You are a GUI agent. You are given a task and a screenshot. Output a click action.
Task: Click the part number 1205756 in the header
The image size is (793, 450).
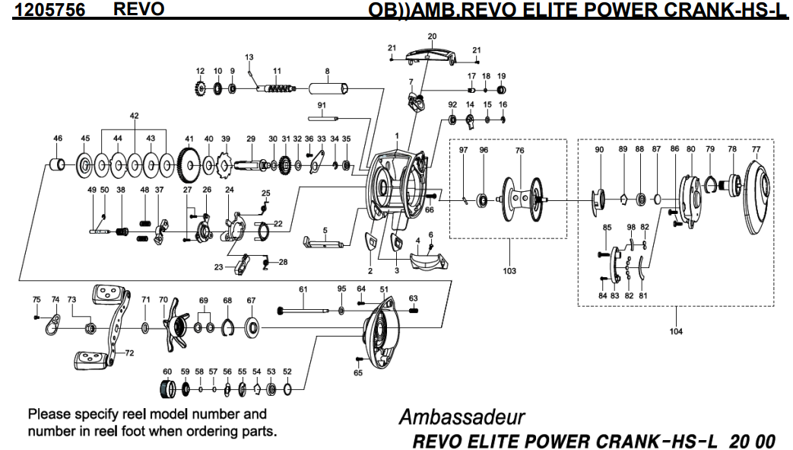[x=49, y=10]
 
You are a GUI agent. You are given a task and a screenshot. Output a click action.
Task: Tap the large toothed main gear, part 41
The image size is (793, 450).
[x=189, y=165]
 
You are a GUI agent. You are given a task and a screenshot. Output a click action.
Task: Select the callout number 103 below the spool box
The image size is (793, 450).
[x=509, y=270]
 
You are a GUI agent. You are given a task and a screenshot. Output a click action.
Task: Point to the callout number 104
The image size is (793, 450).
[x=676, y=331]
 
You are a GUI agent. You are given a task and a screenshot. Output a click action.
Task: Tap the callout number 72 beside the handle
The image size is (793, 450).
[x=129, y=353]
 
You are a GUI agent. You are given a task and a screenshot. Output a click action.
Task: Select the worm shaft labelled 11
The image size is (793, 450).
[x=276, y=89]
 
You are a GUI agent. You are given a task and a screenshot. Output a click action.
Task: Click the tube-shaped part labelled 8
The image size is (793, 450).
[x=328, y=88]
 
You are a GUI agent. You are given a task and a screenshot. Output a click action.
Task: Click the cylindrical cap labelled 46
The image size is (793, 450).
[x=57, y=164]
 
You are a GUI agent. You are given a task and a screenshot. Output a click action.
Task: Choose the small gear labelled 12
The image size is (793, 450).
[x=201, y=89]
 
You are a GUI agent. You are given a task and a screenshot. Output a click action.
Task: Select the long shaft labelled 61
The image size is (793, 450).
[x=303, y=310]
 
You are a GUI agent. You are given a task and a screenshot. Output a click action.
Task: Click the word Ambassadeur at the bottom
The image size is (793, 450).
[x=462, y=417]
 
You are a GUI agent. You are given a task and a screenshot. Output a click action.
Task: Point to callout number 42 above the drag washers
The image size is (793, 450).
[x=134, y=116]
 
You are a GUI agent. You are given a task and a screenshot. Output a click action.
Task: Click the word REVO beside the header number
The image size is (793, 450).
[x=138, y=8]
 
